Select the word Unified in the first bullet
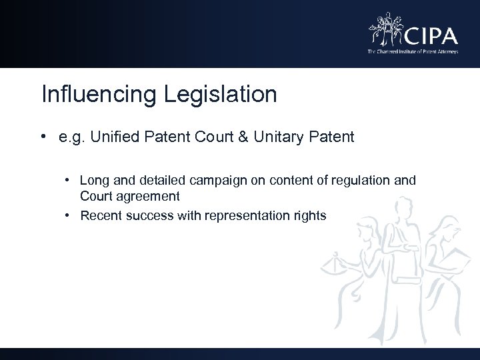click(110, 139)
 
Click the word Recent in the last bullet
click(98, 215)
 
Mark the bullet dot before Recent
click(69, 215)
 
